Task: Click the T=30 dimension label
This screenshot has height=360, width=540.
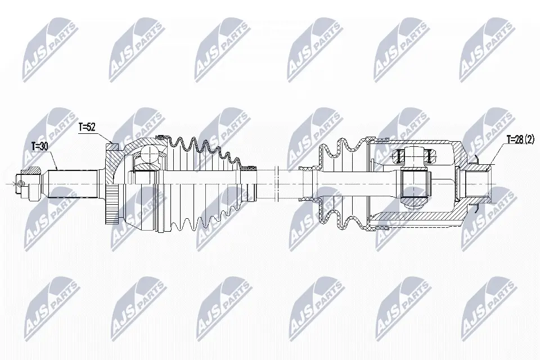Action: point(39,146)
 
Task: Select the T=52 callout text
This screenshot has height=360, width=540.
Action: point(87,127)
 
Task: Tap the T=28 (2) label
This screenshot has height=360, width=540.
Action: point(520,139)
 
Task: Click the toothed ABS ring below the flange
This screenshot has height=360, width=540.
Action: point(112,204)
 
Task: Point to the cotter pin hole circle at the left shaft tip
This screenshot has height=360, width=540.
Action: point(22,184)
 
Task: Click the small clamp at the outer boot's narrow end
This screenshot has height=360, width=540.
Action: point(248,168)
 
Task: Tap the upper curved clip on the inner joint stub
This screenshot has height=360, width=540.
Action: point(476,159)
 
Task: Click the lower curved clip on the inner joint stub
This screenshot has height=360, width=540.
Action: point(476,208)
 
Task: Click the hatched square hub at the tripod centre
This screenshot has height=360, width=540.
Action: point(416,184)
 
